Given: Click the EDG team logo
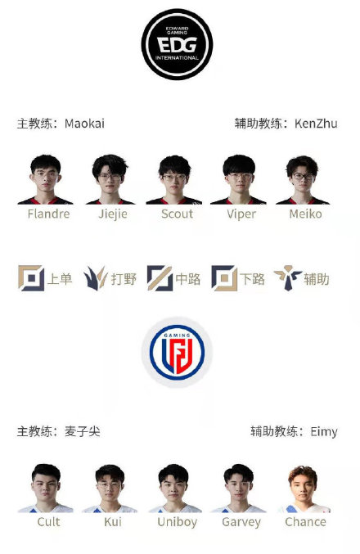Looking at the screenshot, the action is [177, 44].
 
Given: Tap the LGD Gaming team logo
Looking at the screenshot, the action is [177, 352].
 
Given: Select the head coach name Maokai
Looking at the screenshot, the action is [84, 124].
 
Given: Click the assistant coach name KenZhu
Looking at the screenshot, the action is [316, 124].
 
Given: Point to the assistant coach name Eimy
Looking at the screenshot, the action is [324, 432].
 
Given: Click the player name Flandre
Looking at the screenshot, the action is [49, 214].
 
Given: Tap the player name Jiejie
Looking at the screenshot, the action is [113, 214].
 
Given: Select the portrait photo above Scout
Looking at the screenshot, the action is [174, 180].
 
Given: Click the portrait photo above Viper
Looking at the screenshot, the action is [238, 180].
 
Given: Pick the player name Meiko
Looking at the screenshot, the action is [306, 214].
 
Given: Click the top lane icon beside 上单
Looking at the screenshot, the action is [31, 278].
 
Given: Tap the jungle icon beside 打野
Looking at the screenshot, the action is [96, 278].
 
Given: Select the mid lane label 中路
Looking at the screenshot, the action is [187, 279].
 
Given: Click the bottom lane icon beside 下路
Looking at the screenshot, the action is [224, 278].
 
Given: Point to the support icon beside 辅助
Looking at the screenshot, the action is [287, 278].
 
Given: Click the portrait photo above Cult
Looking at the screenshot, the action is [46, 489].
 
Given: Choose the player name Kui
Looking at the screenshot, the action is [113, 522].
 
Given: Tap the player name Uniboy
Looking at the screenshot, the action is [178, 522].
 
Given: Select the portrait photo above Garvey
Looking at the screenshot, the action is [238, 489].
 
